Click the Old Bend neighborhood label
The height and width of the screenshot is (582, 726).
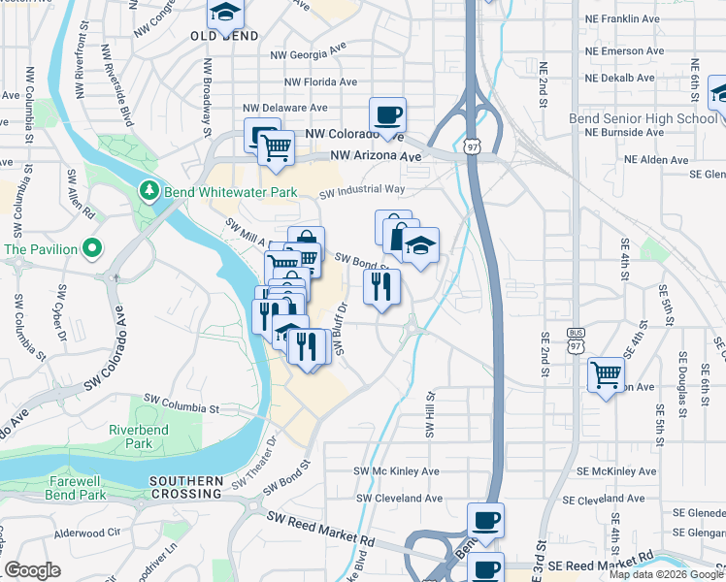(x=224, y=36)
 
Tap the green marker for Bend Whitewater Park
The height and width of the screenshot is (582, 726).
(x=148, y=191)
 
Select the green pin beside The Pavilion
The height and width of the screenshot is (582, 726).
(x=92, y=249)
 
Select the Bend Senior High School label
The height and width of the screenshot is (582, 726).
(x=643, y=119)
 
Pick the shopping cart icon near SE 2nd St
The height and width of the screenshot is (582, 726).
(x=606, y=372)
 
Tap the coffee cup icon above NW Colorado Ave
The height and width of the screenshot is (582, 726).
(x=387, y=114)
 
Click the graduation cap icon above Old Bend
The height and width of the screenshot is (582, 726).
(x=225, y=13)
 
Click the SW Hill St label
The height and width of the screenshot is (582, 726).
(x=428, y=413)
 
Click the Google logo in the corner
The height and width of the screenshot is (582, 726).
(x=32, y=570)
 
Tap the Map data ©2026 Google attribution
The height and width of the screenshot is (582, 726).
(x=666, y=574)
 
